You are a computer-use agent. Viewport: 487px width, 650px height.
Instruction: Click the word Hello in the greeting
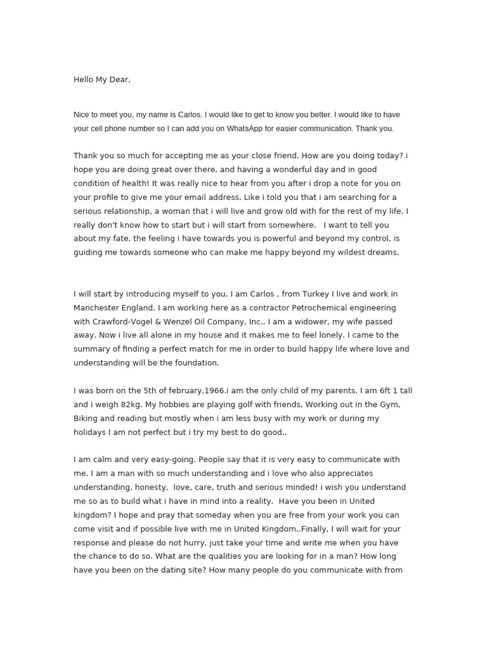[84, 79]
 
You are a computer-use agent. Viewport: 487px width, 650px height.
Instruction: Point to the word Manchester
[98, 308]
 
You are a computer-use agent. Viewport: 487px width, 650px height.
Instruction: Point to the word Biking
[86, 419]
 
